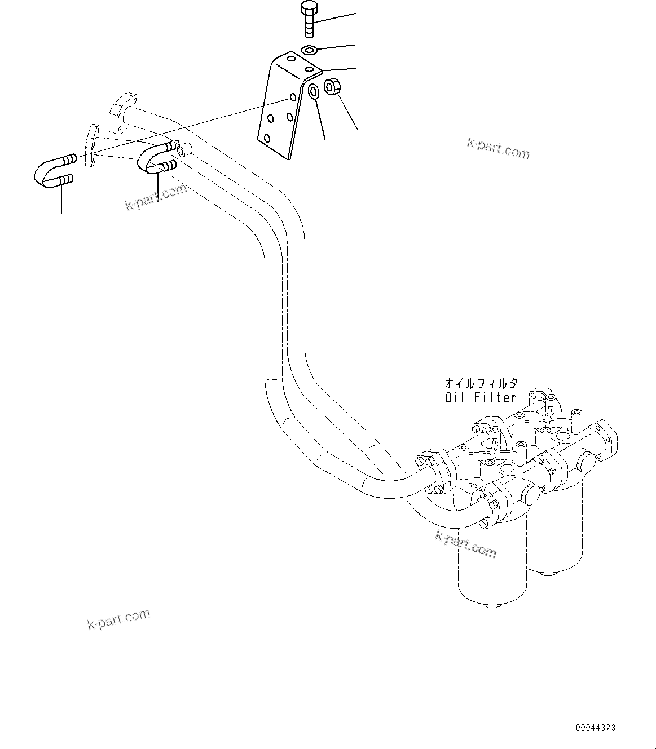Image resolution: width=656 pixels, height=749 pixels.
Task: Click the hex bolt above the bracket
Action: coord(309,17)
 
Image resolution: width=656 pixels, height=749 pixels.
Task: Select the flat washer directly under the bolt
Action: coord(309,51)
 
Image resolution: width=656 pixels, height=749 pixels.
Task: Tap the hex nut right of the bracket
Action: coord(331,86)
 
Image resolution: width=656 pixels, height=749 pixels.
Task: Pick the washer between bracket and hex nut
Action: coord(314,90)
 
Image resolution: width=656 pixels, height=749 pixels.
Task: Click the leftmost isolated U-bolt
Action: coord(52,171)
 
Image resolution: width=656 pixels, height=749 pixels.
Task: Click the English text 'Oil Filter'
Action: coord(480,397)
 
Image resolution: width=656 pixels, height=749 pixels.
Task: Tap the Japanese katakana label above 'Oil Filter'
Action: coord(481,384)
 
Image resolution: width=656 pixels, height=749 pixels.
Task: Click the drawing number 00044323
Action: coord(595,728)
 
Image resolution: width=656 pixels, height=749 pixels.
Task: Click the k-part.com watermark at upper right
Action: coord(498,148)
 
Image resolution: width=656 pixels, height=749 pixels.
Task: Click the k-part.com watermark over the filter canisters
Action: coord(465,544)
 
